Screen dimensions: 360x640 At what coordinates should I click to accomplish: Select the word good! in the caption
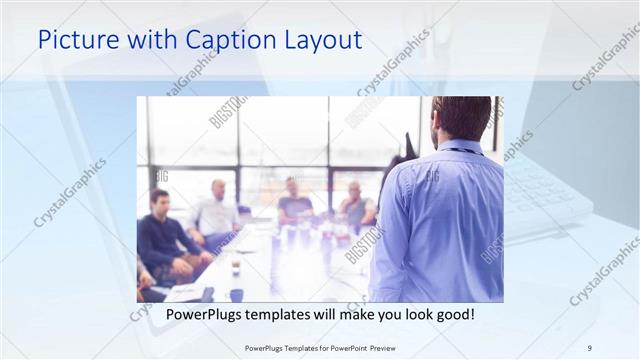tap(450, 315)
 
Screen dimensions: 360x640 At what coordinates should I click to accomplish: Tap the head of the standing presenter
tap(461, 118)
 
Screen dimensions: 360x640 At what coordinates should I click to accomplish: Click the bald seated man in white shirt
tap(216, 211)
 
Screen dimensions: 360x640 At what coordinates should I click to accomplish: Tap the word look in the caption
tap(410, 315)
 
